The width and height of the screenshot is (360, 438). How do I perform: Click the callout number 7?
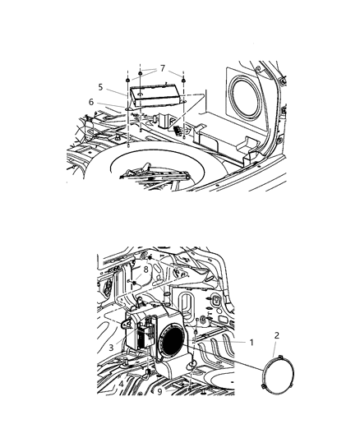162,67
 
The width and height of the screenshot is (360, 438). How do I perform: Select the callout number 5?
100,87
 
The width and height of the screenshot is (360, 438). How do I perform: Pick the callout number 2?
276,335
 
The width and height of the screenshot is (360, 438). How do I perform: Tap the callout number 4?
122,382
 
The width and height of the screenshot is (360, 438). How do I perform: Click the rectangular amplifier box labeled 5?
155,94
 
